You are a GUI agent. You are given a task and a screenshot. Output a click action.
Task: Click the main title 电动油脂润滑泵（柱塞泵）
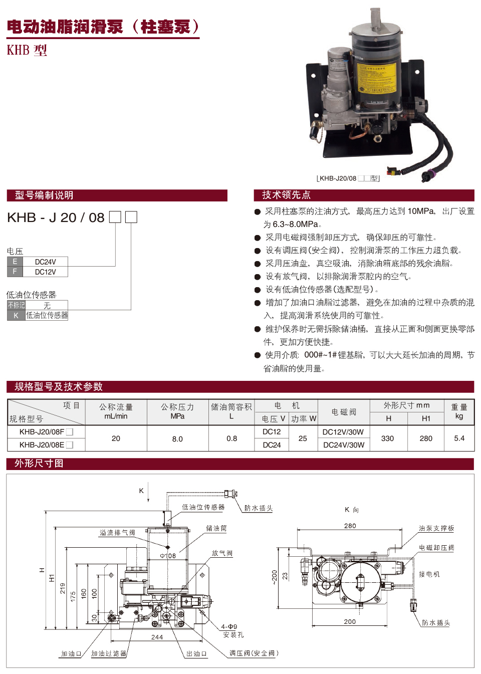(x=103, y=27)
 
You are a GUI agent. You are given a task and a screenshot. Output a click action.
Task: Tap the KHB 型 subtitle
(x=27, y=50)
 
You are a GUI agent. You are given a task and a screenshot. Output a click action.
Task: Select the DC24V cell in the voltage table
(x=45, y=262)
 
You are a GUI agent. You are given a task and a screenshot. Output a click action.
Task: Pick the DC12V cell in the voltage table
(x=45, y=272)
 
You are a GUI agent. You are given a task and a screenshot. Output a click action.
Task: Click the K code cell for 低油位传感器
(x=16, y=315)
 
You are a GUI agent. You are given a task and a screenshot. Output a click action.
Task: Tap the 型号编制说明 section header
(x=44, y=195)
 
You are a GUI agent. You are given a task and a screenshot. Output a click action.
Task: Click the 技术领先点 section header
(x=286, y=195)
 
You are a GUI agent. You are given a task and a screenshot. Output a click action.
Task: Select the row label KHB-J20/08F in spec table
(x=42, y=431)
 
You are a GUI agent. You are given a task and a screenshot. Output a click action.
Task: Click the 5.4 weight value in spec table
(x=459, y=438)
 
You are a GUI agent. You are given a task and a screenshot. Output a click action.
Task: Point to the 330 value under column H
(x=387, y=438)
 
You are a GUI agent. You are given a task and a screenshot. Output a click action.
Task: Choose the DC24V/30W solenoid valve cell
(x=343, y=444)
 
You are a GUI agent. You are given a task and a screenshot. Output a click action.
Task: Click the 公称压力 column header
(x=177, y=407)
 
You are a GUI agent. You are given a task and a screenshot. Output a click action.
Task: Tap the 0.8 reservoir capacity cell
(x=231, y=438)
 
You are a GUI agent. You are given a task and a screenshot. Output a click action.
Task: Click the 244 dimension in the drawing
(x=157, y=637)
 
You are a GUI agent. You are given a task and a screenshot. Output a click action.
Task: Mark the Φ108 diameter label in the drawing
(x=168, y=556)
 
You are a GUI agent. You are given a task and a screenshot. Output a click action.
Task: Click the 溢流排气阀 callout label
(x=117, y=533)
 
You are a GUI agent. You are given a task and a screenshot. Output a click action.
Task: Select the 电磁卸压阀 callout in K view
(x=436, y=548)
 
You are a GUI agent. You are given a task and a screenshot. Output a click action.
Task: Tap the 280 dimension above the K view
(x=350, y=526)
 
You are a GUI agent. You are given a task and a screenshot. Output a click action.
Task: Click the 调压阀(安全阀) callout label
(x=254, y=653)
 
